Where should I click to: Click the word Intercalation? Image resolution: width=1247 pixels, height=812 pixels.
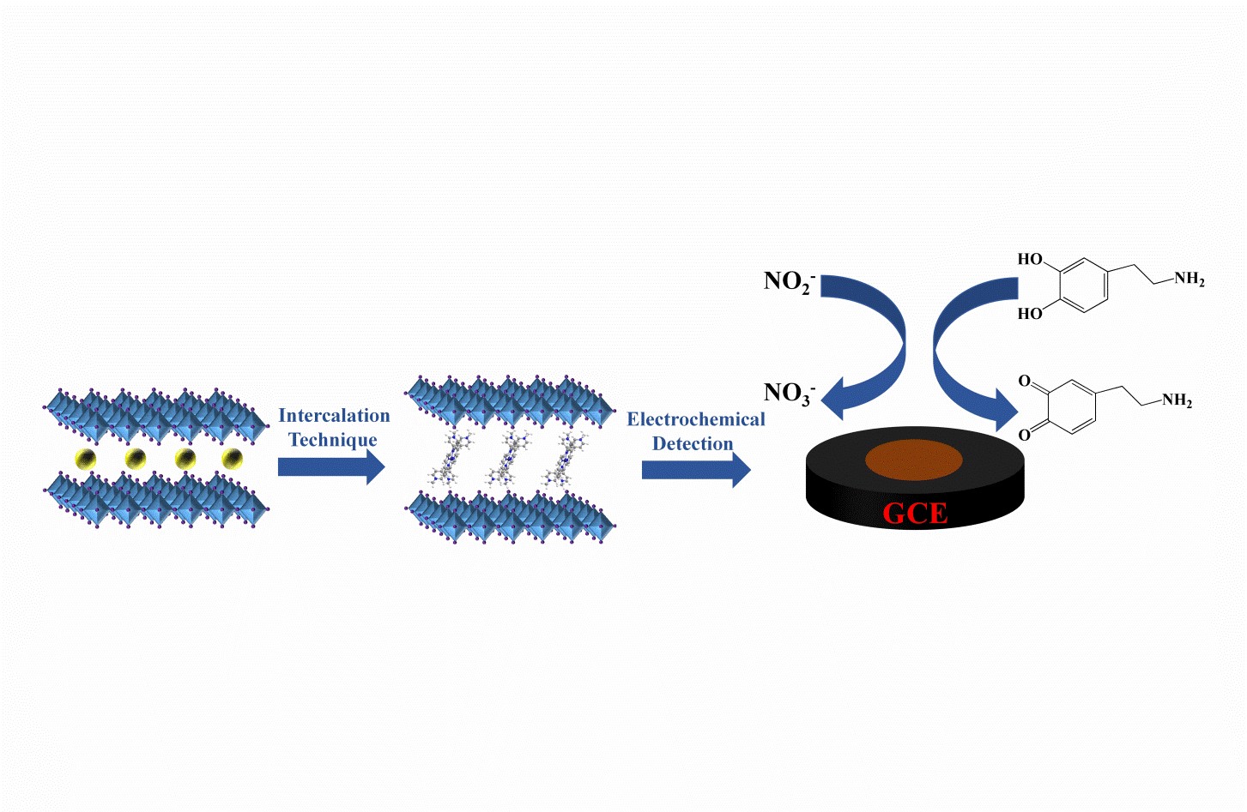[x=334, y=416]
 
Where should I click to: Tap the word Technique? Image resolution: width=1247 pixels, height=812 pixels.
[x=333, y=441]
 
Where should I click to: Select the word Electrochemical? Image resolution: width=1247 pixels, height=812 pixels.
[x=695, y=419]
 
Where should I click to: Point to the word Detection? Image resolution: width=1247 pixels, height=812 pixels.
[x=693, y=444]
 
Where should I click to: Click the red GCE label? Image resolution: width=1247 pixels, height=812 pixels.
[x=915, y=514]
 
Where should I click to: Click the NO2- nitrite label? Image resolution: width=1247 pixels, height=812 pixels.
[x=789, y=281]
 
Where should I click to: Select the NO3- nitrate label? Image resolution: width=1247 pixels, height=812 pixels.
[x=789, y=393]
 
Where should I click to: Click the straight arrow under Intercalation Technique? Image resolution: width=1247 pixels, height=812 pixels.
[x=331, y=466]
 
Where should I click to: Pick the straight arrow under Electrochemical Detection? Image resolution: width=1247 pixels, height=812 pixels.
[x=696, y=469]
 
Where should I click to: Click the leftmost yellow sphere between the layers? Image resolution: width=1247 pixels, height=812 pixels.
[x=85, y=459]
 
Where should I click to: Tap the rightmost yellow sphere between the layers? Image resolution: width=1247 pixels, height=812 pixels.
[x=233, y=459]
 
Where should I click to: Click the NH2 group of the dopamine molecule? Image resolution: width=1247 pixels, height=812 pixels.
[x=1189, y=279]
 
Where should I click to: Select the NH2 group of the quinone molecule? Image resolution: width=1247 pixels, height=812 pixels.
[x=1177, y=400]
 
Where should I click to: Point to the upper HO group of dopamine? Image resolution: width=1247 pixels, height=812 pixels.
[x=1029, y=259]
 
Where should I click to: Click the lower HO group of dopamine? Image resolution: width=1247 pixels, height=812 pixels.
[x=1029, y=314]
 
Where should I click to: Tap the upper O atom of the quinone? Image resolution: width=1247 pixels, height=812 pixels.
[x=1024, y=381]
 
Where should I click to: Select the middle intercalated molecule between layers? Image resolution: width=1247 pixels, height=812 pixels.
[x=505, y=460]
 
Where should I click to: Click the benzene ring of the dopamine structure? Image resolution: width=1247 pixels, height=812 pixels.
[x=1082, y=286]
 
